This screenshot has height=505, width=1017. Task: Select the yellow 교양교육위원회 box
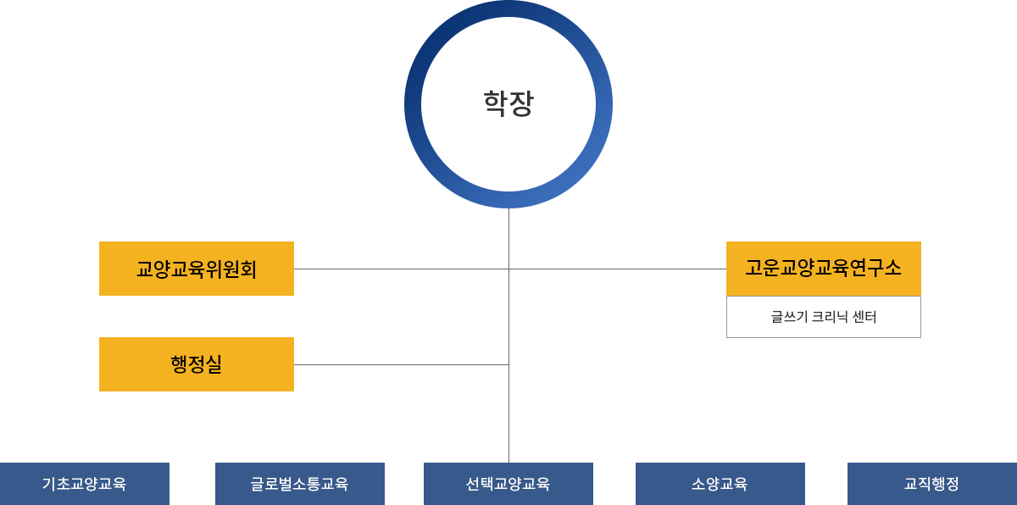196,269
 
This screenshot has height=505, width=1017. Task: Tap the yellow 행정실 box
196,363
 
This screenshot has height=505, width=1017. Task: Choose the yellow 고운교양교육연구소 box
823,268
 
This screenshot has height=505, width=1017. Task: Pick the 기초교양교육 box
85,484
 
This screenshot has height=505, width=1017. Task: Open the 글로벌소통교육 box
300,484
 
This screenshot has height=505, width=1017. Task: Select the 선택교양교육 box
508,484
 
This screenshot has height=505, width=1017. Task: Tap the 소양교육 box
720,484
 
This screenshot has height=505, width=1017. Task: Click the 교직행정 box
931,484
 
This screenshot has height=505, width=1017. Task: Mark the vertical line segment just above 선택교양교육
509,424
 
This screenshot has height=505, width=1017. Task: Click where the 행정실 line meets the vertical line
508,365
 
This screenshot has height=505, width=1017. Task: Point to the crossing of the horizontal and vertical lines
509,269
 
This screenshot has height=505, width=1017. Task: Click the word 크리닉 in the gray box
822,317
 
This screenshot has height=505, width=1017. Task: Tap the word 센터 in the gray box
861,317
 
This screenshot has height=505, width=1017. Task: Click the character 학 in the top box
495,103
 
